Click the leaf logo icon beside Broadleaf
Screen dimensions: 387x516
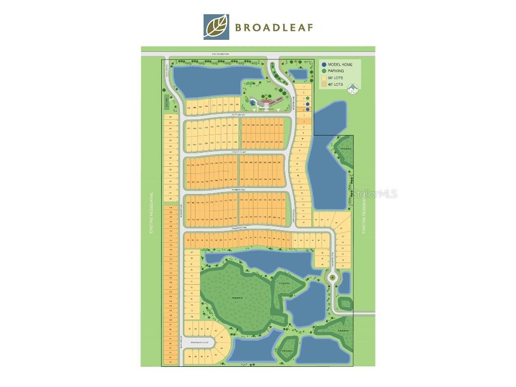(216, 27)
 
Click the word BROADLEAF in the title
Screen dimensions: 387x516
(274, 27)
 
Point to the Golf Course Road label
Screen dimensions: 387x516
(220, 53)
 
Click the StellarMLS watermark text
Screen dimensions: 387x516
(375, 193)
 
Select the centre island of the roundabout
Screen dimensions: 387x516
(332, 277)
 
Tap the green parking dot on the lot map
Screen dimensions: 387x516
(307, 98)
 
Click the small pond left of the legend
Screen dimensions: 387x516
(299, 74)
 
